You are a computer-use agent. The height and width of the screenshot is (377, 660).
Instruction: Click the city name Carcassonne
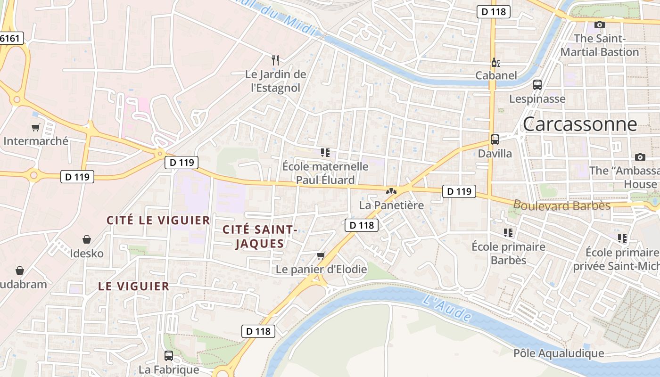click(579, 124)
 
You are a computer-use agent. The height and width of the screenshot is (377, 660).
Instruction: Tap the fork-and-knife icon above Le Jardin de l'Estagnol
click(276, 60)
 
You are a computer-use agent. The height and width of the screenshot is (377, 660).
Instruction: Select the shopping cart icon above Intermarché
click(35, 127)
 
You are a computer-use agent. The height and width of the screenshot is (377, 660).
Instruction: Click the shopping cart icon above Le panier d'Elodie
click(321, 255)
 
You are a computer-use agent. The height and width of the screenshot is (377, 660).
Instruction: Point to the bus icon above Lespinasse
click(537, 85)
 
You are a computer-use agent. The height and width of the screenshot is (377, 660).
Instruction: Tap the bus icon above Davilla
click(495, 139)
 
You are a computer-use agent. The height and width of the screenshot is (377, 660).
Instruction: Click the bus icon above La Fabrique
click(169, 356)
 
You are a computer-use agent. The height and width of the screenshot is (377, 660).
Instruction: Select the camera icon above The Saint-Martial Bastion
click(599, 25)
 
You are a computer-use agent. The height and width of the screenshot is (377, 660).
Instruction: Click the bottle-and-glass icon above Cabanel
click(495, 62)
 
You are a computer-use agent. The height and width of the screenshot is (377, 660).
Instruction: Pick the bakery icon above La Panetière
click(391, 191)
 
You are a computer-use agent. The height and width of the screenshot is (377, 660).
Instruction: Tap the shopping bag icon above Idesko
click(87, 239)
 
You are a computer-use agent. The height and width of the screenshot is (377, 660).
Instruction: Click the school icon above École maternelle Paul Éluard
click(325, 152)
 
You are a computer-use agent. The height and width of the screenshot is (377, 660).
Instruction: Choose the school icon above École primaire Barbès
click(508, 232)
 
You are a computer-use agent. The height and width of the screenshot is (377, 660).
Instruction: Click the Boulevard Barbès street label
click(561, 205)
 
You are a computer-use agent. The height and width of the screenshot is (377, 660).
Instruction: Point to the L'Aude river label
click(446, 308)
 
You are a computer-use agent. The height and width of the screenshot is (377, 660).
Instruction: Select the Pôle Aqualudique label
click(558, 353)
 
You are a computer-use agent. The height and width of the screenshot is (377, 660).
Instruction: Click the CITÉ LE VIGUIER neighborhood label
click(158, 220)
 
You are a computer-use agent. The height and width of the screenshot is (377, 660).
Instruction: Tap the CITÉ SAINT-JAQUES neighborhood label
click(259, 237)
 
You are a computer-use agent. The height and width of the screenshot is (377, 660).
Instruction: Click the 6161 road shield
click(11, 38)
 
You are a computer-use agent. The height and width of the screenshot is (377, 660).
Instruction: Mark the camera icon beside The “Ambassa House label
click(640, 157)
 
